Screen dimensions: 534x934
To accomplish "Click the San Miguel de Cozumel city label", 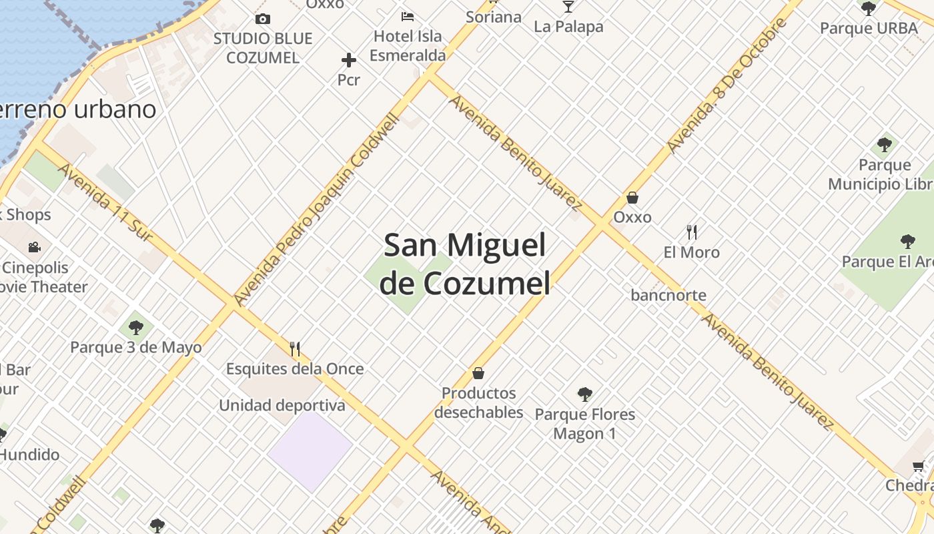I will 465,264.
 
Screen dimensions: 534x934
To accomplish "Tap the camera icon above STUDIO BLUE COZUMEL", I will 263,19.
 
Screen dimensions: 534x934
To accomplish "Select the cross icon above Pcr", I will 348,61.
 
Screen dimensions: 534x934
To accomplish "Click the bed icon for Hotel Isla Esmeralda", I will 407,16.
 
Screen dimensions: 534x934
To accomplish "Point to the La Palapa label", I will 568,27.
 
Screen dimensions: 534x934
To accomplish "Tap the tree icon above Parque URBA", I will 868,9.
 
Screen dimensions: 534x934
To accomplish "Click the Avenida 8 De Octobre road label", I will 727,85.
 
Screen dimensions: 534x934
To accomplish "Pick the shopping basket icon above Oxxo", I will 632,198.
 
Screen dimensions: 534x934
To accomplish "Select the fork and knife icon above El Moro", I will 692,232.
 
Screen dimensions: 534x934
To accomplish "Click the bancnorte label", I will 668,295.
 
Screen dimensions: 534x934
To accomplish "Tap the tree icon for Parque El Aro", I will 907,241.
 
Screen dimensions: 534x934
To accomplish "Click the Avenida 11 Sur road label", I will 105,202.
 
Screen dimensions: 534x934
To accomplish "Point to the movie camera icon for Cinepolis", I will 34,248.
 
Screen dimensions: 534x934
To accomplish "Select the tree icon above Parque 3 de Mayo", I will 136,328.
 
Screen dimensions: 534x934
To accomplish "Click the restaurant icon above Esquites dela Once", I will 295,348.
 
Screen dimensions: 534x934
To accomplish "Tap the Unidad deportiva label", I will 282,405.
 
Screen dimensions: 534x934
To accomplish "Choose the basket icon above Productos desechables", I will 478,373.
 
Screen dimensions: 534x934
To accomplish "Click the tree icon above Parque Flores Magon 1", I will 585,394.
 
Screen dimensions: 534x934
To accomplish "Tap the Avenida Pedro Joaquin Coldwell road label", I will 318,210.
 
